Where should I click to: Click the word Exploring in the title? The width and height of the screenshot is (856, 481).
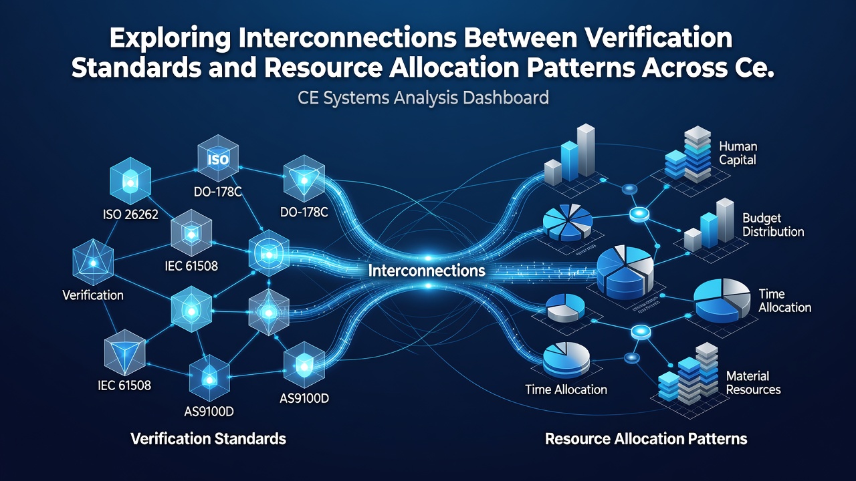pos(170,39)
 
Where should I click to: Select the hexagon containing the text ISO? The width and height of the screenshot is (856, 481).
pos(218,158)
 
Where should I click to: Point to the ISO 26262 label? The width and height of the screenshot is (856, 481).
pos(130,214)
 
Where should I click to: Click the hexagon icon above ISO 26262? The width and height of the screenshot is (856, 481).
pos(130,181)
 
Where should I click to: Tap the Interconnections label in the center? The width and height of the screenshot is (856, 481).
pos(427,271)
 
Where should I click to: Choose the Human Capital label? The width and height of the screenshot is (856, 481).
pos(738,153)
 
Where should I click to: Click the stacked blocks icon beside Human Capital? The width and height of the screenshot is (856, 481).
pos(688,154)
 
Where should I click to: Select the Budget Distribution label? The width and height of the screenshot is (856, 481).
pos(773,225)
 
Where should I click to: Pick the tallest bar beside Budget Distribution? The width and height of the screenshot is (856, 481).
pos(725,220)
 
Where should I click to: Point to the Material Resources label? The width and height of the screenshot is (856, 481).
pos(753,383)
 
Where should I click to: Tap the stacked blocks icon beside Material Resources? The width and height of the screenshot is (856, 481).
pos(688,373)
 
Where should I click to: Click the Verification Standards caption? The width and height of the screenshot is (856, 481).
pos(208,439)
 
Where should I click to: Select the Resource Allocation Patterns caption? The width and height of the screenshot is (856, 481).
pos(646,439)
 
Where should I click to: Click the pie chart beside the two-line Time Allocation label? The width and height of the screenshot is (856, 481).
pos(722,301)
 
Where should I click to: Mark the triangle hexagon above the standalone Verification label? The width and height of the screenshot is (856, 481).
pos(93,263)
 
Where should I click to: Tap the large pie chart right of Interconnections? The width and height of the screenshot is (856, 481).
pos(625,272)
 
